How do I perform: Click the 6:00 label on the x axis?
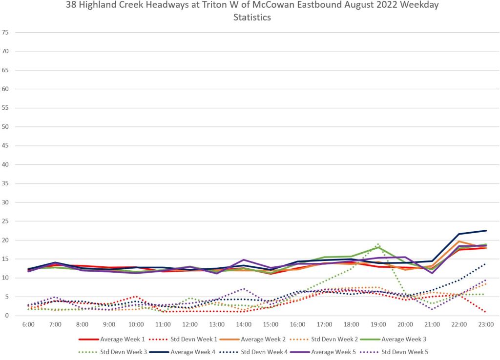coord(28,324)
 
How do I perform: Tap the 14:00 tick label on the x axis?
coord(244,324)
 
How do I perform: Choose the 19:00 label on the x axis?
coord(378,324)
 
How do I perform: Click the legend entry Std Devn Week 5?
coord(404,351)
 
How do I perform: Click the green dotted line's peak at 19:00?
coord(378,244)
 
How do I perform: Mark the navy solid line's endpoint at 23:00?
coord(486,231)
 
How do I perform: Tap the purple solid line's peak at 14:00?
coord(244,260)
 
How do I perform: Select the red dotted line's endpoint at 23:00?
coord(486,312)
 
